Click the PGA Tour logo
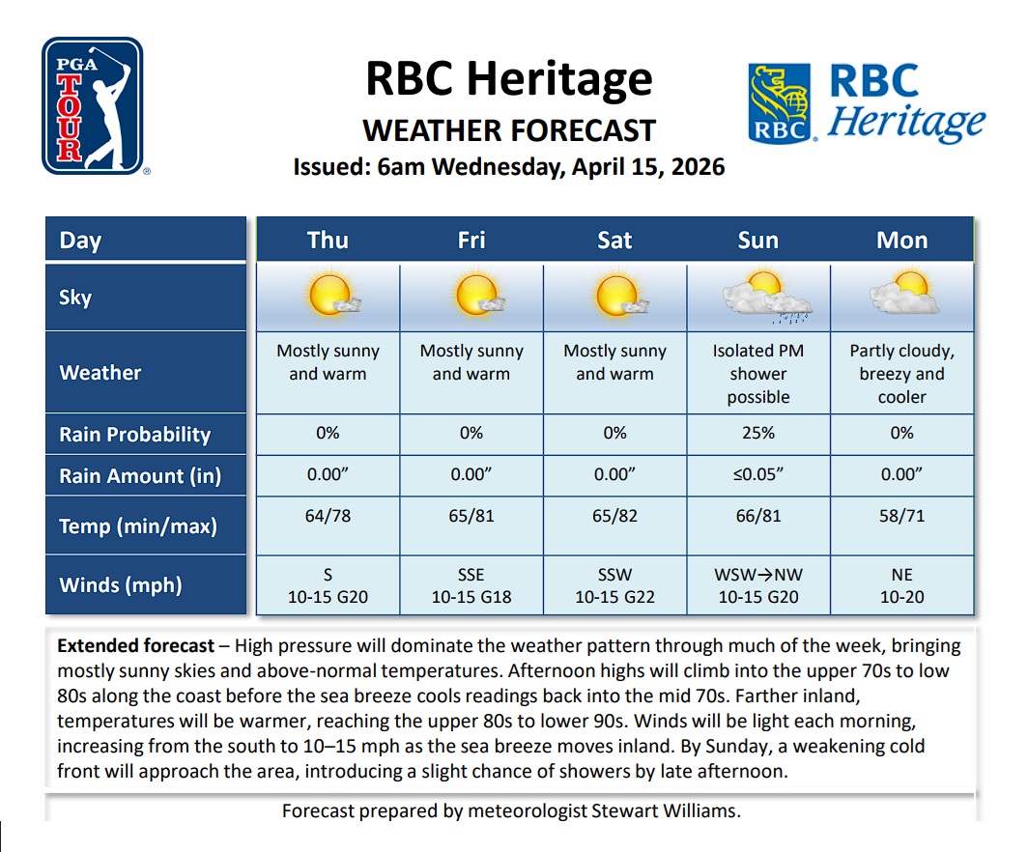point(93,106)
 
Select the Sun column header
point(757,240)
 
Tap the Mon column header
point(901,240)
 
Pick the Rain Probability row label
point(134,435)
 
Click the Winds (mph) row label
point(121,585)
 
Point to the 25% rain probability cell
point(757,433)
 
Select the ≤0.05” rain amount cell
point(757,474)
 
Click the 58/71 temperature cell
point(901,516)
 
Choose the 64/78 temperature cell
point(328,516)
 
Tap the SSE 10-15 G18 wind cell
point(471,585)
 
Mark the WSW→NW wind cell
point(757,585)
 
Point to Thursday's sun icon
point(328,296)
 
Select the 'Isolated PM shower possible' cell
point(757,374)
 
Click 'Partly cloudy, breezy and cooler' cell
point(901,374)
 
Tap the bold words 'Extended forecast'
point(134,645)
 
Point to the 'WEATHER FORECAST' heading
point(508,130)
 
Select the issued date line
point(508,167)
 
